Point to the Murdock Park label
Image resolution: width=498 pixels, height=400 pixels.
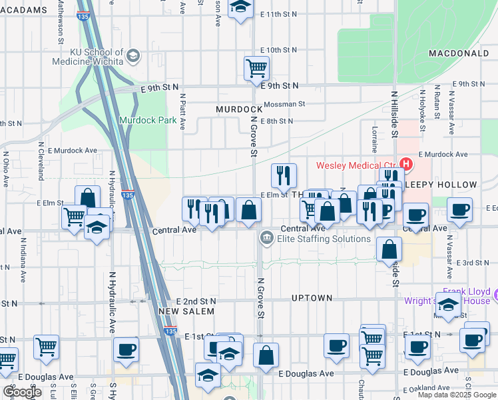[x=148, y=120]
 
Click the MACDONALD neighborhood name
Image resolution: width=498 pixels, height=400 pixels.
[x=459, y=53]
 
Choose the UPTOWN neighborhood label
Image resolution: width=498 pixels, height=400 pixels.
[x=312, y=298]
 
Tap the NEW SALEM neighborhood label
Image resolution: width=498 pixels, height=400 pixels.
[x=186, y=311]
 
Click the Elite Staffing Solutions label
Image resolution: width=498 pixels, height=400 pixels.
[x=324, y=239]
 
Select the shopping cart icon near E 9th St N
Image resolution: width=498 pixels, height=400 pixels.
[x=256, y=68]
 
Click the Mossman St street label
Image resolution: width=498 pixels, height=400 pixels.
[x=284, y=104]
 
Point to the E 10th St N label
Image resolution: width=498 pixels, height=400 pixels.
[x=279, y=50]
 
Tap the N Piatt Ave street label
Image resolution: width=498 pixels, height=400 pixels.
[x=182, y=111]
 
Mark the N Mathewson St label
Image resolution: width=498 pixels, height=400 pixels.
[x=61, y=21]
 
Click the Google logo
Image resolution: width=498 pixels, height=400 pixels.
[x=22, y=392]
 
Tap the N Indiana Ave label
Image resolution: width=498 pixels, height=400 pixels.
[x=23, y=261]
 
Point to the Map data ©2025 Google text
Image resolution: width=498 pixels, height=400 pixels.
[x=457, y=395]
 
